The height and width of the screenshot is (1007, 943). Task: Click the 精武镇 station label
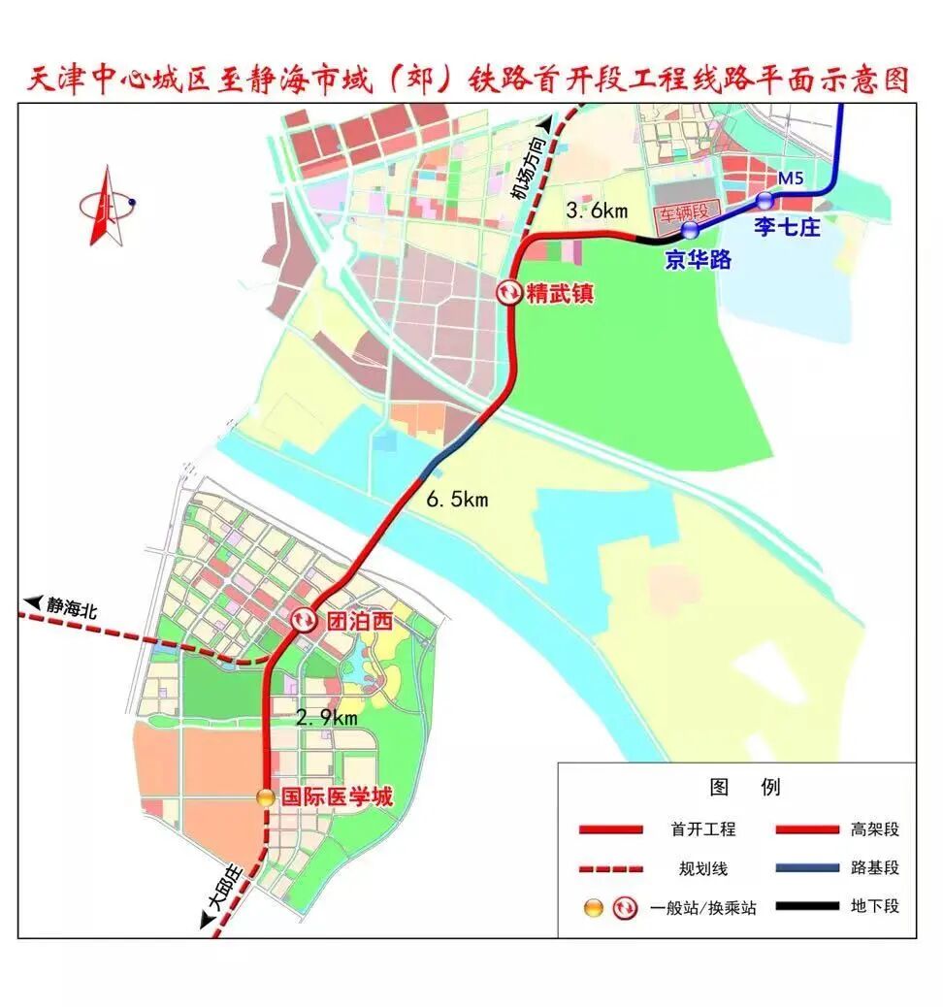[x=559, y=292]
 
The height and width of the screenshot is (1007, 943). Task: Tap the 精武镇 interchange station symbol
[x=509, y=292]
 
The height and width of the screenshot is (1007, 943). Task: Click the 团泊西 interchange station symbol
[x=305, y=620]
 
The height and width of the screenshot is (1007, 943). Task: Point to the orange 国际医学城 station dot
[x=265, y=797]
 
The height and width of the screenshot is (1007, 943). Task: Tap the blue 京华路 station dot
[x=690, y=230]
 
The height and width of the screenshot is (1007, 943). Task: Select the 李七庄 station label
[x=789, y=229]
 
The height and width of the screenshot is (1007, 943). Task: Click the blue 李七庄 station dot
[x=765, y=201]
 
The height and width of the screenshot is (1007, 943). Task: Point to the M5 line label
[x=793, y=179]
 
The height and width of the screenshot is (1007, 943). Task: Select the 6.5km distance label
[x=457, y=500]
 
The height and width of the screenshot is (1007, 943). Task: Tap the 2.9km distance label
[x=327, y=718]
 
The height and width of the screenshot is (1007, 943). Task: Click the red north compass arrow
[x=102, y=206]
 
